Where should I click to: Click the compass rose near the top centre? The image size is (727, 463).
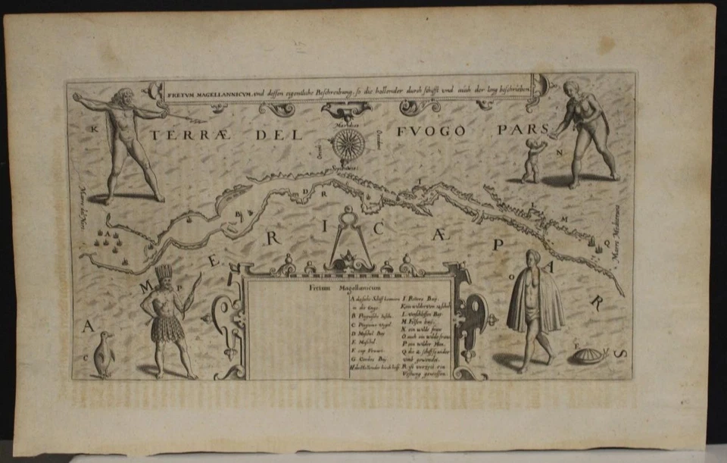point(348,143)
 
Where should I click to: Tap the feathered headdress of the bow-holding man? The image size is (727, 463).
point(164,273)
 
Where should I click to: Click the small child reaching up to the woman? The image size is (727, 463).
point(534,159)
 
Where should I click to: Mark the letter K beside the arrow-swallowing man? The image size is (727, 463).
point(95,129)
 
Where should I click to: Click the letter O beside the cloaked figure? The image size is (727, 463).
point(513,277)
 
